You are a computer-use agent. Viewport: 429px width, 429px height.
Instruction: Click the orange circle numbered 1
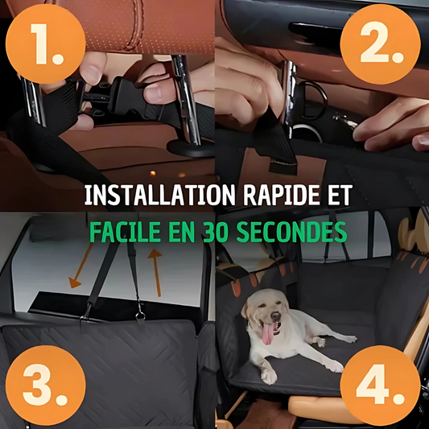[45, 43]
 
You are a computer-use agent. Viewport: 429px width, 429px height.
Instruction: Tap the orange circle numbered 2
[381, 43]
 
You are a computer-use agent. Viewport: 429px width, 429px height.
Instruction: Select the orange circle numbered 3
[45, 385]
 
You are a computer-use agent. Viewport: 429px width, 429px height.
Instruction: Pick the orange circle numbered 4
[381, 385]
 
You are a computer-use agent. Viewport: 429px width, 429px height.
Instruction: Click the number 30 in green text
[217, 232]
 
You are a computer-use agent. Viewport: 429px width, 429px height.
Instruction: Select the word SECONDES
[291, 232]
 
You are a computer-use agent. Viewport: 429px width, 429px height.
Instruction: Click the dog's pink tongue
[268, 333]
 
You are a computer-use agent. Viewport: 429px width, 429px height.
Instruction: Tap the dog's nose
[275, 316]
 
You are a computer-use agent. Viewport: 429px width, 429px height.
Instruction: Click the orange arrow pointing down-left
[80, 266]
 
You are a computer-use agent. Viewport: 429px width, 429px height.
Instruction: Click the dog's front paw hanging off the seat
[268, 376]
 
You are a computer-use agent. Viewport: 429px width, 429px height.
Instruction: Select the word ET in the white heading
[340, 196]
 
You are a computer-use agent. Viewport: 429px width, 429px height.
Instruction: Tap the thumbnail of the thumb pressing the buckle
[152, 93]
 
